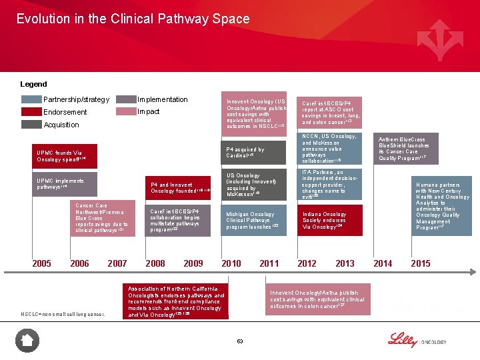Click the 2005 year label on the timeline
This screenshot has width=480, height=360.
(x=41, y=263)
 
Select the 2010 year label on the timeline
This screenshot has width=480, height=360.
(x=231, y=263)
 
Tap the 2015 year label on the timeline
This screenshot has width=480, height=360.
(x=421, y=263)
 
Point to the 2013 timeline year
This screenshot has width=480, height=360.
(x=345, y=263)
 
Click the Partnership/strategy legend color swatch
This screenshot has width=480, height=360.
(x=31, y=99)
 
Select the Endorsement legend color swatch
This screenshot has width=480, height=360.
(x=31, y=112)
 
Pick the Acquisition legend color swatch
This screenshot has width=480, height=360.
(x=31, y=125)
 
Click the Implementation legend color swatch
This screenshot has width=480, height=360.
(x=125, y=99)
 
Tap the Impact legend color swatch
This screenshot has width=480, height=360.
(x=125, y=112)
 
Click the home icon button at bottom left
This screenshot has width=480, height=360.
(x=27, y=341)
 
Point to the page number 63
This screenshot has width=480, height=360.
(x=240, y=341)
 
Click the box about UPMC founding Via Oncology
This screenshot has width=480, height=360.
(x=67, y=156)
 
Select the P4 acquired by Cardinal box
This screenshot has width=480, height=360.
(x=255, y=153)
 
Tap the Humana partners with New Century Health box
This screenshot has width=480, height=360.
(x=443, y=206)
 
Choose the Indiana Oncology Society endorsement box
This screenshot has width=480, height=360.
(x=331, y=220)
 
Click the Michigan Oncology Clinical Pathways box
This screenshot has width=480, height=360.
(x=255, y=220)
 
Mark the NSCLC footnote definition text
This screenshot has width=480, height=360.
(x=62, y=314)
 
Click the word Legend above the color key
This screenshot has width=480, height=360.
(x=34, y=84)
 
